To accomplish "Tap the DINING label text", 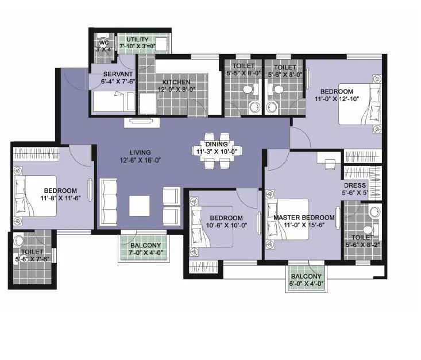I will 216,144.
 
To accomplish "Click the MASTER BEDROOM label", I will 303,218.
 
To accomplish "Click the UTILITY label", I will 137,40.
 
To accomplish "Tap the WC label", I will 104,42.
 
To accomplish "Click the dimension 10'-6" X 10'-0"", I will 226,226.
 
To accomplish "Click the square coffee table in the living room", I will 140,206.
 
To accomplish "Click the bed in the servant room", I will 113,103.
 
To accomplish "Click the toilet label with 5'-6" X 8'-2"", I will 362,240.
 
